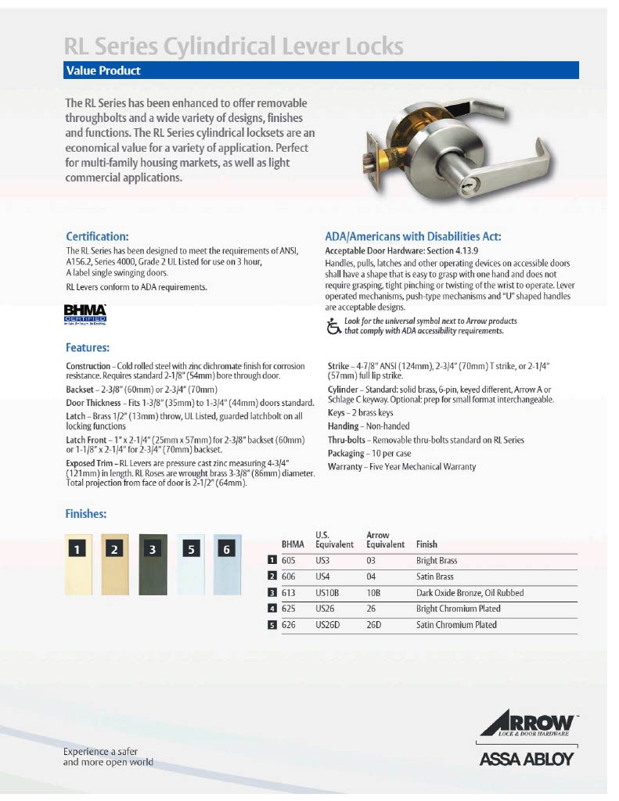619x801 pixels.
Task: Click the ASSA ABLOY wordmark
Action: [x=526, y=758]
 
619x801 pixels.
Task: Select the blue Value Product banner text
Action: [x=103, y=70]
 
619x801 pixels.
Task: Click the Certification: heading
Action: [x=97, y=235]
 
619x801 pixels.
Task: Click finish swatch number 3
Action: [x=153, y=564]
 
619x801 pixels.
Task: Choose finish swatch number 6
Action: [x=227, y=564]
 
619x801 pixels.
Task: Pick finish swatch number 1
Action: [x=78, y=564]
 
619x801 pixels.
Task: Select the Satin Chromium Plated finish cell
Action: [x=456, y=625]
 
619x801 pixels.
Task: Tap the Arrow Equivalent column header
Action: [x=385, y=540]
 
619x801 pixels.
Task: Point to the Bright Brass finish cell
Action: [x=437, y=561]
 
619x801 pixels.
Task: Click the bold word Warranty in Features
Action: [x=345, y=466]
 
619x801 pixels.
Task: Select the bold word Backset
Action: [x=82, y=389]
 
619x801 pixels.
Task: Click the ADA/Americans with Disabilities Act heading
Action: [x=412, y=236]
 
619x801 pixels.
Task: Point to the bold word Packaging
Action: [x=346, y=453]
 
